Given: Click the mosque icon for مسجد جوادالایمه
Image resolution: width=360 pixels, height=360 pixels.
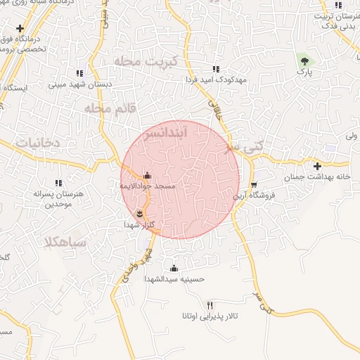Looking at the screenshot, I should coord(147,176).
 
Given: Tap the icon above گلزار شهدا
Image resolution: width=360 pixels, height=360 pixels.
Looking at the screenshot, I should coord(140,213).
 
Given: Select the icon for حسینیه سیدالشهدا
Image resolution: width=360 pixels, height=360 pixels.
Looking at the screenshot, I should coord(174,268).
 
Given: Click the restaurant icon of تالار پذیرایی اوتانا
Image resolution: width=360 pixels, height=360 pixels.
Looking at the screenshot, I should coord(209,304).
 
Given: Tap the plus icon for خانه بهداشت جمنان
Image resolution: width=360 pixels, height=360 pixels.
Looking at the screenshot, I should coord(318,167).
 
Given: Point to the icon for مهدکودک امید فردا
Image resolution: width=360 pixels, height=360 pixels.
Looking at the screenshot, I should coord(216,69).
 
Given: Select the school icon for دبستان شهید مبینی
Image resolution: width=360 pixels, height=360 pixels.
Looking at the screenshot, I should coord(79,72).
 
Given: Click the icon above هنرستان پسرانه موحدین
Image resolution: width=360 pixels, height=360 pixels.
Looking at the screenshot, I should coord(58,183).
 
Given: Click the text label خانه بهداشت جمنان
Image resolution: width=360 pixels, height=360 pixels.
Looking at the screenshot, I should coord(316,177).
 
